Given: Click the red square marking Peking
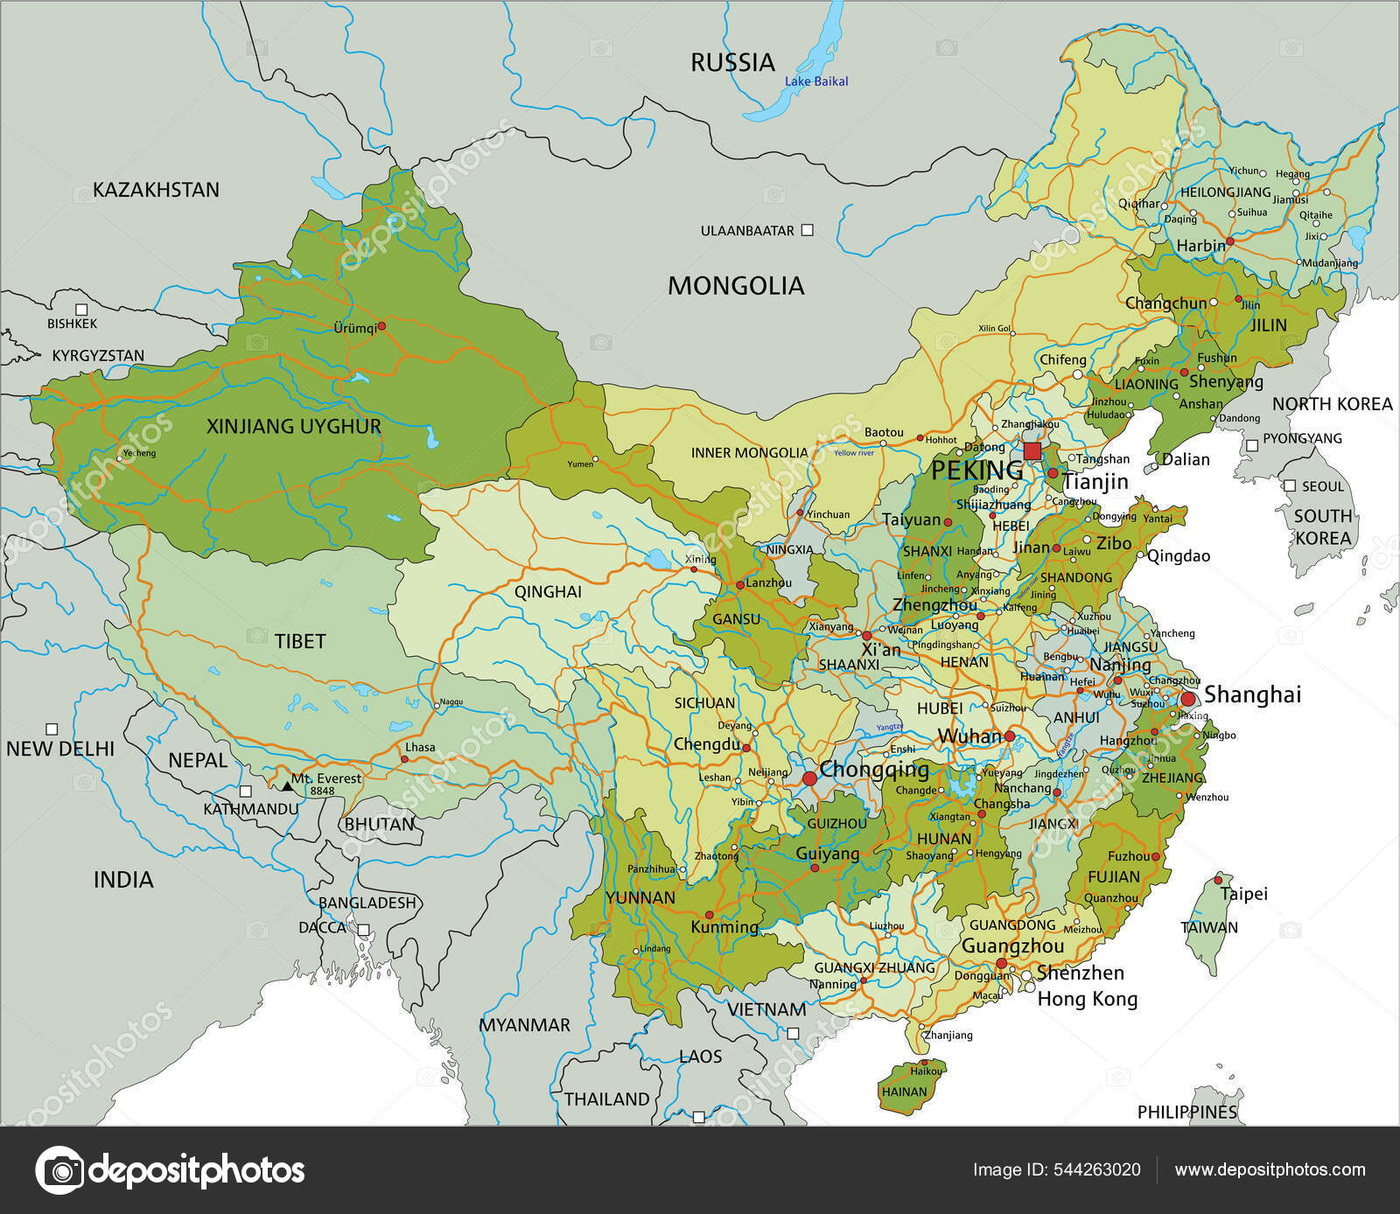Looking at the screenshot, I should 1032,451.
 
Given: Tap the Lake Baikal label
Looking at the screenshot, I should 815,81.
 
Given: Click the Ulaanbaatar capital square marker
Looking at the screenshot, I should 808,230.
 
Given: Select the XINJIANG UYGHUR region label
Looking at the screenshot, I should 294,427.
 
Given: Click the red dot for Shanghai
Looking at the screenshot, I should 1188,699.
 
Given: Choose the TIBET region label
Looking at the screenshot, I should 300,641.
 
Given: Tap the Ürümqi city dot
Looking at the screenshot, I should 381,325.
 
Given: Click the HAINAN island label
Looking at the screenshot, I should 904,1092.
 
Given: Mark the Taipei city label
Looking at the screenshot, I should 1244,894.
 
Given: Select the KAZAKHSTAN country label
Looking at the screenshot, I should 156,190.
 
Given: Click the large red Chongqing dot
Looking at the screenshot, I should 809,778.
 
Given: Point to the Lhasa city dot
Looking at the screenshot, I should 404,758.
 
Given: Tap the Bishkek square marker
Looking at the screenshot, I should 81,309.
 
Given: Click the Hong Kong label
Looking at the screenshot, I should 1087,999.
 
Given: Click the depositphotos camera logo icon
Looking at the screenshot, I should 59,1170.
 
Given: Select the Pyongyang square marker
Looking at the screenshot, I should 1252,445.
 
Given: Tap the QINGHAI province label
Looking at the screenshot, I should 548,592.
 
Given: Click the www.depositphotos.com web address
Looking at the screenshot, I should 1270,1170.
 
